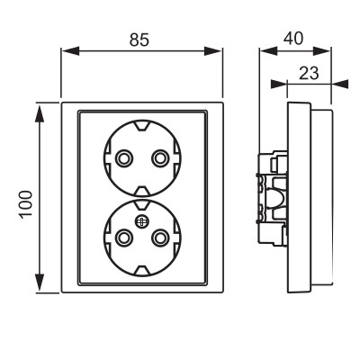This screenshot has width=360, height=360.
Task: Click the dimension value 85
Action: click(x=139, y=40)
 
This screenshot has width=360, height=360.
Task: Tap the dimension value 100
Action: click(x=26, y=204)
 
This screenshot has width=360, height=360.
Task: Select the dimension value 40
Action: click(x=293, y=39)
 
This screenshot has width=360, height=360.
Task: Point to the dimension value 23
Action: click(x=309, y=73)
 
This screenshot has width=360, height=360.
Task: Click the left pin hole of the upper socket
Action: click(x=123, y=158)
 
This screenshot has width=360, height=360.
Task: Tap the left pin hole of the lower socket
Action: click(x=123, y=238)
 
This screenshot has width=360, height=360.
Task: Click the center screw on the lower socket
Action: click(x=141, y=222)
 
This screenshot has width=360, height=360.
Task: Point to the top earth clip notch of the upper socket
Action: click(x=141, y=125)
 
